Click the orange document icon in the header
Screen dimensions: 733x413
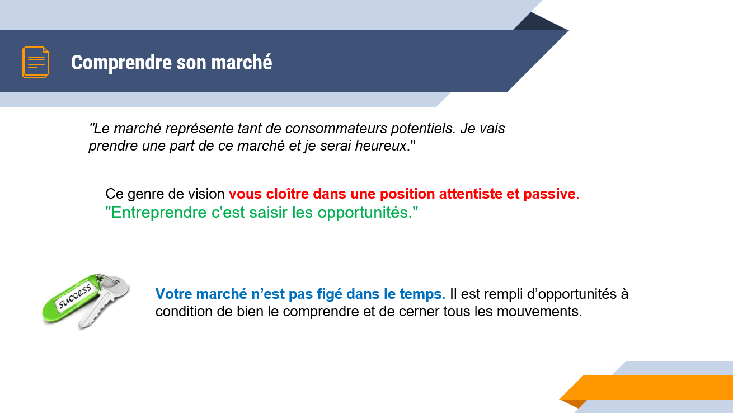tap(35, 62)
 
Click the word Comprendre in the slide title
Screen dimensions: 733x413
tap(121, 63)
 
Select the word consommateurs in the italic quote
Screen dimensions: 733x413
tap(336, 128)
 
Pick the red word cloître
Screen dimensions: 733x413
tap(287, 194)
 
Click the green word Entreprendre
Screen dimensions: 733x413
tap(158, 213)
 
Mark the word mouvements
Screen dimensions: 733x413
tap(539, 312)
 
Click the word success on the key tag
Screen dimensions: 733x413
tap(74, 297)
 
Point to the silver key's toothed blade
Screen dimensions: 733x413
tap(95, 311)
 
